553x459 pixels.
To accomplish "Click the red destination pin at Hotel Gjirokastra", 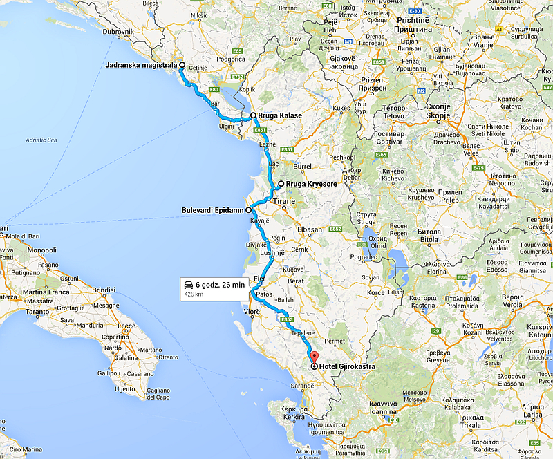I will tap(314, 357).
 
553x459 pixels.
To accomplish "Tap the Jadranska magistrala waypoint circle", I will tap(182, 66).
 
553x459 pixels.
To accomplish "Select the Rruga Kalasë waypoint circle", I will tap(254, 115).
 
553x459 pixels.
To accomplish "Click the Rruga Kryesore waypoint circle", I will tap(281, 184).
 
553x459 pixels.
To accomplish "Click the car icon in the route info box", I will tap(187, 284).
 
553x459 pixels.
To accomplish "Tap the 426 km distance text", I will tap(193, 294).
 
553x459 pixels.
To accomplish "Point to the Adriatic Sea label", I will tap(41, 140).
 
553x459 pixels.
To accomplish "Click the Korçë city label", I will tap(375, 293).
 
